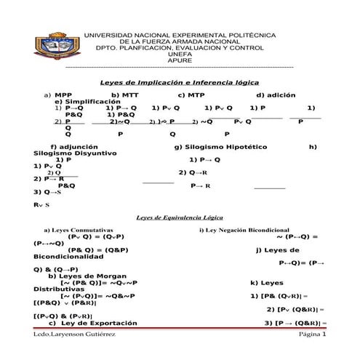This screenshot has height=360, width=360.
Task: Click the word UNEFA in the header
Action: coord(180,54)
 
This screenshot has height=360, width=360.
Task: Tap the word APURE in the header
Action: coord(180,60)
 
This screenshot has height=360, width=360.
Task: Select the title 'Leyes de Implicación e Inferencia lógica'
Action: coord(179,83)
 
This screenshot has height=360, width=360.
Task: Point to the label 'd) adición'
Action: coord(276,95)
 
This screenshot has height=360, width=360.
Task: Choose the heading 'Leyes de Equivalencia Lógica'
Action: coord(180,217)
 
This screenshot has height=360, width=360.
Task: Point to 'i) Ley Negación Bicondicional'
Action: coord(244,230)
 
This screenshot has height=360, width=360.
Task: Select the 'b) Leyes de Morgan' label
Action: coord(88,276)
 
